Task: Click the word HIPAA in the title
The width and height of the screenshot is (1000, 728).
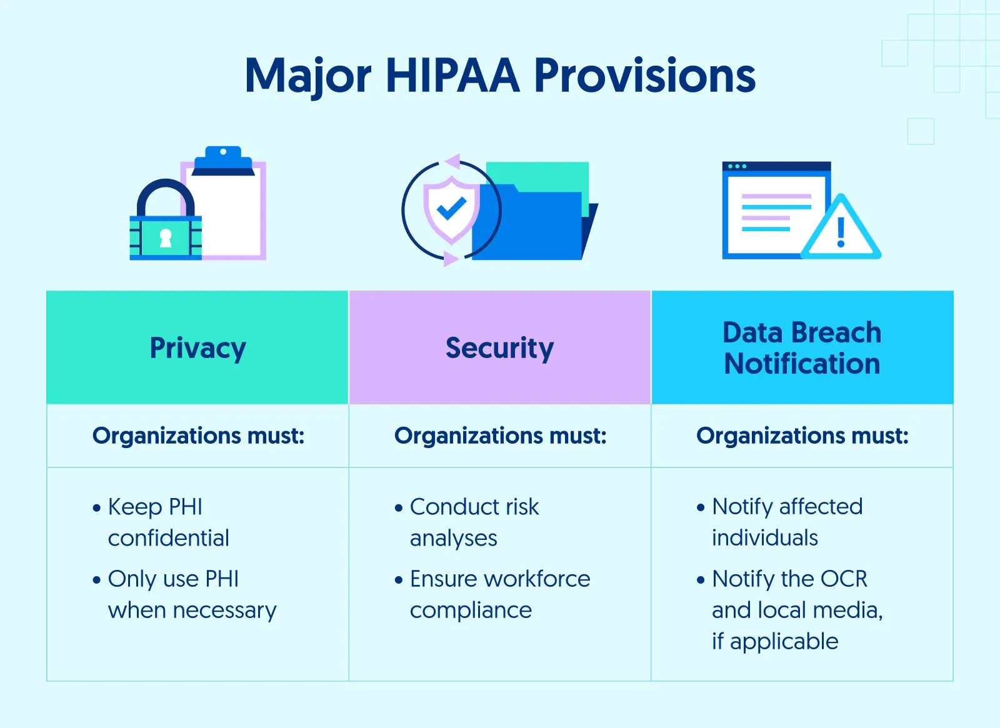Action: (452, 76)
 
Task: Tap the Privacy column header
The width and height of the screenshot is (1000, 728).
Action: (197, 348)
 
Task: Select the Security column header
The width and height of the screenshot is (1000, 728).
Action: (499, 348)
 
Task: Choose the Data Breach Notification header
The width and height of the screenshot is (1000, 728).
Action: (802, 348)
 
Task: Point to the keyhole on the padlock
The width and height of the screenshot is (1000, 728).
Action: (166, 238)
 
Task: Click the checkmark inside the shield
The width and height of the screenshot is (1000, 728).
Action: (451, 208)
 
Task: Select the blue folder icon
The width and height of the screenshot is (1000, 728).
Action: (531, 225)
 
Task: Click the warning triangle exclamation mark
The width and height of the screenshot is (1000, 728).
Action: (841, 232)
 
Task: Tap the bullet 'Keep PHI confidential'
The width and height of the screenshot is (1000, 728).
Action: (168, 522)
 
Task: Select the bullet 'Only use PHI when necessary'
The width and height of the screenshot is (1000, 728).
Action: (191, 594)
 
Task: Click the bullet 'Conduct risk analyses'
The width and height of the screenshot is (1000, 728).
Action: (474, 522)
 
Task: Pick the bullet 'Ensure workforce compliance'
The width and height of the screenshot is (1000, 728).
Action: (499, 594)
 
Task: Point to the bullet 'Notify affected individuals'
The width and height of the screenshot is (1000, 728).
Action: (787, 522)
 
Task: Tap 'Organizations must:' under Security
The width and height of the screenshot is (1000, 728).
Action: (500, 436)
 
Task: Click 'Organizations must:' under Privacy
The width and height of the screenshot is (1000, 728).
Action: (198, 436)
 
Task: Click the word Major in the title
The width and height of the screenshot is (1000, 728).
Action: (308, 76)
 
